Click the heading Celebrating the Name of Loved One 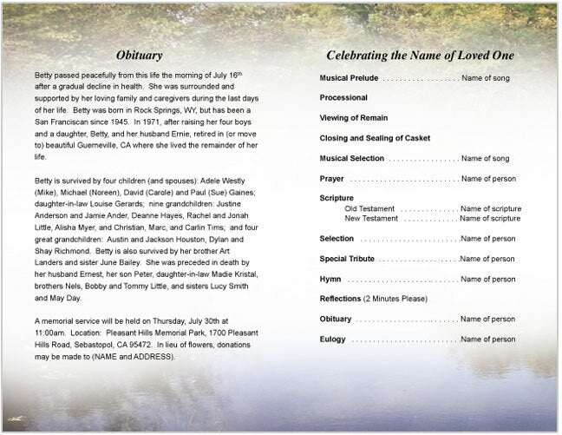point(420,56)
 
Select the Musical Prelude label point(350,78)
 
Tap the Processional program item point(343,98)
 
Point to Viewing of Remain point(353,118)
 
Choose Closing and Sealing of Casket point(375,138)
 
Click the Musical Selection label point(353,159)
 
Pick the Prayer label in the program point(332,179)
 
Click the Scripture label point(337,199)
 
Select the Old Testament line point(369,208)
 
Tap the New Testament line point(371,219)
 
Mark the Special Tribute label point(346,259)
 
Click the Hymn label point(330,280)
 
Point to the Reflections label point(341,300)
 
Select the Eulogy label point(333,339)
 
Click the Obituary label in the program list point(336,320)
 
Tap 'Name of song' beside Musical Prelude point(486,78)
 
